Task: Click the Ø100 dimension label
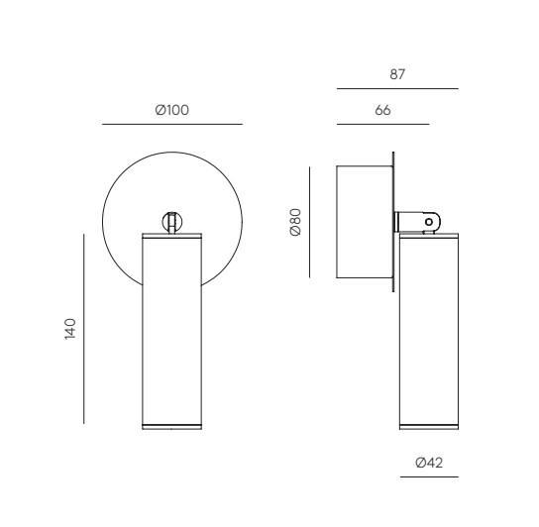[x=171, y=110]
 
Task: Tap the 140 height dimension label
[x=70, y=329]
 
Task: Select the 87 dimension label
[x=397, y=74]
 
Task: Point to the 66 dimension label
[x=382, y=110]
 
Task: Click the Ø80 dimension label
[x=295, y=222]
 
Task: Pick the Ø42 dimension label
[x=429, y=463]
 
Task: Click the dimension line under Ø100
[x=172, y=124]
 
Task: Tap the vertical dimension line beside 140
[x=83, y=329]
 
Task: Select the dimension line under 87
[x=397, y=89]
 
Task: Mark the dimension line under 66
[x=382, y=124]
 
